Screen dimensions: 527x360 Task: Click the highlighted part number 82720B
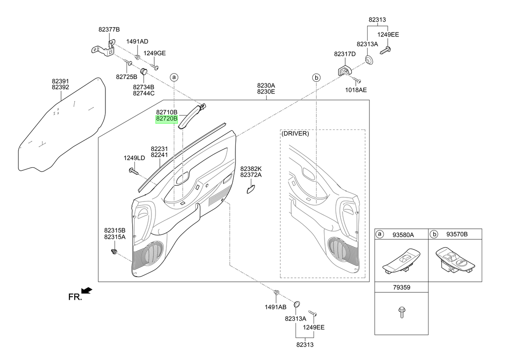point(166,119)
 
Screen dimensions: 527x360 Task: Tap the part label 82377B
point(109,29)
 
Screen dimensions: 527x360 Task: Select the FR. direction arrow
point(87,291)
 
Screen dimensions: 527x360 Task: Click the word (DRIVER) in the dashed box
point(295,133)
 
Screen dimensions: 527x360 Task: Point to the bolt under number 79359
point(401,312)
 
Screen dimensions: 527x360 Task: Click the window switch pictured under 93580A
point(401,261)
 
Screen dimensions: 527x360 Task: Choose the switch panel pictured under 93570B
point(455,260)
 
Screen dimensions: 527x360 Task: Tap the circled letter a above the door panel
point(174,77)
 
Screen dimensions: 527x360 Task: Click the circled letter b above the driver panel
point(317,78)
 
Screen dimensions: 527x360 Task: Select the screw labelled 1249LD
point(134,171)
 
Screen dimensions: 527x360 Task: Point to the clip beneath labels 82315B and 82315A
point(114,252)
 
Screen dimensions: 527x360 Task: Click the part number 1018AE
point(356,90)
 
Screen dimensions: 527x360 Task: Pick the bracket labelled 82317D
point(345,71)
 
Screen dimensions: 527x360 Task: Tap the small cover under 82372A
point(251,189)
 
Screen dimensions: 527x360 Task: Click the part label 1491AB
point(275,307)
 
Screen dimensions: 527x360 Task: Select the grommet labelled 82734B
point(144,71)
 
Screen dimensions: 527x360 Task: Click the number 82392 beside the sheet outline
point(61,87)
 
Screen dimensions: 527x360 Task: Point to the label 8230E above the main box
point(266,92)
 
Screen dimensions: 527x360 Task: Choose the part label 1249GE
point(155,54)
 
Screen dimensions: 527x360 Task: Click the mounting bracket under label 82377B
point(104,49)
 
